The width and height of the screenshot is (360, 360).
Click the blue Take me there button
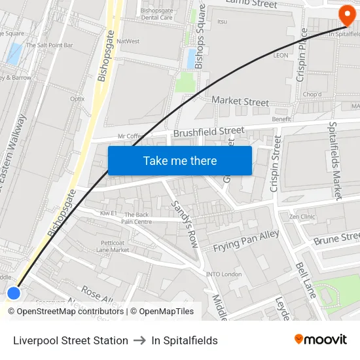(179, 160)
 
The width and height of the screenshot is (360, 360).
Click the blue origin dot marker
(14, 293)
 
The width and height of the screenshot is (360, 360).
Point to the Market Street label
(240, 101)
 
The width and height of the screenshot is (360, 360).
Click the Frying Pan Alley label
(245, 242)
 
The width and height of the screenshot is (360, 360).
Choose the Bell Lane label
(306, 280)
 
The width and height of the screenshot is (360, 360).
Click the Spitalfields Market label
(336, 160)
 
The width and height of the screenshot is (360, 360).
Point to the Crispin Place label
(302, 55)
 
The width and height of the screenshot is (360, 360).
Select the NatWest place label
(128, 41)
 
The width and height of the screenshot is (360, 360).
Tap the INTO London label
(224, 274)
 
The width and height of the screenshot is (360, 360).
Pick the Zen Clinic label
(302, 216)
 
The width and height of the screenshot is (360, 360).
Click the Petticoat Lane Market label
(113, 246)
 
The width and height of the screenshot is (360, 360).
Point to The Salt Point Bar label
(50, 45)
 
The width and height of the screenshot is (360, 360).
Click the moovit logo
(321, 340)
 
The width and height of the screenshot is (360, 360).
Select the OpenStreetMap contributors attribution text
(70, 312)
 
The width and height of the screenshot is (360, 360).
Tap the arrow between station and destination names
(139, 340)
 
